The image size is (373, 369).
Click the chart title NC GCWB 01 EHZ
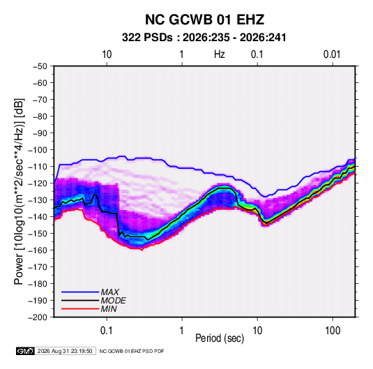click(x=204, y=20)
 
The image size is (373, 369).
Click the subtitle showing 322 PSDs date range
click(x=204, y=38)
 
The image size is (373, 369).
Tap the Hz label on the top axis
click(x=220, y=54)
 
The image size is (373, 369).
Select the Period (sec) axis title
click(x=220, y=338)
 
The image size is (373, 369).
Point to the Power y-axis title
click(x=19, y=192)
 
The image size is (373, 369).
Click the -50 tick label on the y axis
click(x=40, y=66)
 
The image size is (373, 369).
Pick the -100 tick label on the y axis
click(x=38, y=150)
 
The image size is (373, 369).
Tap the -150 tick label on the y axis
click(x=38, y=234)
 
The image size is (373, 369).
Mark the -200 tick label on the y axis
click(x=38, y=317)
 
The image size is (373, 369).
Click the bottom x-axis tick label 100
click(x=333, y=331)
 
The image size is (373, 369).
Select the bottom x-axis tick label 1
click(x=182, y=331)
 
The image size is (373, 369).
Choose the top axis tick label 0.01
click(x=332, y=54)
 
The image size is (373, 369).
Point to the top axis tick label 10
click(x=107, y=54)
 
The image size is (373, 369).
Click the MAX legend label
click(x=109, y=292)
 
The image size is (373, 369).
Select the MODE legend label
click(x=113, y=301)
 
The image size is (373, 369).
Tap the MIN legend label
click(x=109, y=309)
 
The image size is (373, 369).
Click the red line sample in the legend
click(x=80, y=309)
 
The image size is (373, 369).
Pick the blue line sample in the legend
click(x=80, y=292)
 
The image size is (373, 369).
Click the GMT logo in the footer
click(x=26, y=351)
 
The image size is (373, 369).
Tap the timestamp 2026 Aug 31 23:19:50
click(x=65, y=351)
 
